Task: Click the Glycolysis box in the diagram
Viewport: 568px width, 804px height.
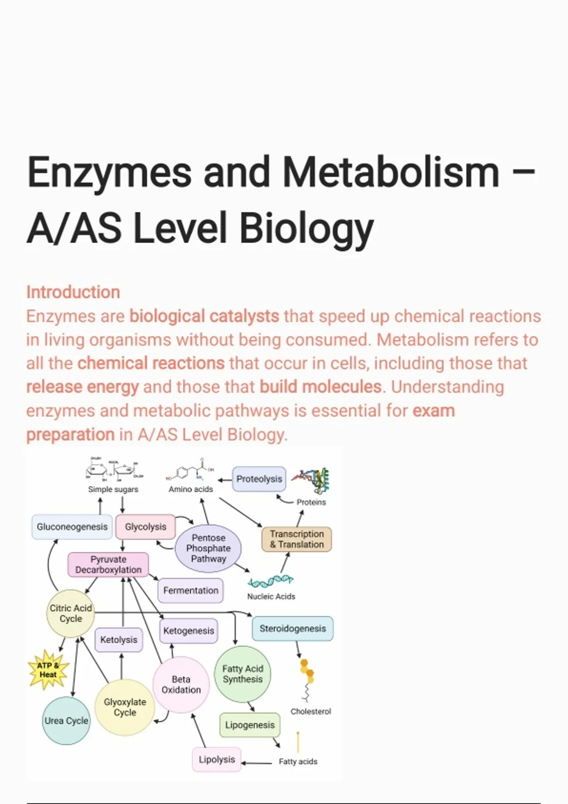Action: (x=145, y=527)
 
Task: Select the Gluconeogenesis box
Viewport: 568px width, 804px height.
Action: (x=72, y=527)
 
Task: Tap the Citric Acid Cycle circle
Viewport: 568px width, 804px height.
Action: (x=71, y=613)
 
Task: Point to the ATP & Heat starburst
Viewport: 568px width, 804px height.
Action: (x=48, y=670)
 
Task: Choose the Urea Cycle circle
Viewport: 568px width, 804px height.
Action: (x=66, y=721)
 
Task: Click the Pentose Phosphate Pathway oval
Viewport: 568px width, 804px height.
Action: (x=208, y=548)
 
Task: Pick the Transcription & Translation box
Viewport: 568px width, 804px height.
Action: (x=297, y=539)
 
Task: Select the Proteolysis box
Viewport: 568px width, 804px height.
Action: (x=259, y=479)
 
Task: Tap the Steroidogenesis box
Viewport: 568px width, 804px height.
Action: (x=293, y=629)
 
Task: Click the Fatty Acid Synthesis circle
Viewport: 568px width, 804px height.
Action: (x=242, y=674)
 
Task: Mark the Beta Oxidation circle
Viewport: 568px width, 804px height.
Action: (x=181, y=684)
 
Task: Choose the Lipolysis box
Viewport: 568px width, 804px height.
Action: (x=217, y=760)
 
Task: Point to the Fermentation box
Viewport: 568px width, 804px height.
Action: (x=191, y=590)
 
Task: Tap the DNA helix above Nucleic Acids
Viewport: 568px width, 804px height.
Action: (x=271, y=580)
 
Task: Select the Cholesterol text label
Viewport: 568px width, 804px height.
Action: (x=311, y=711)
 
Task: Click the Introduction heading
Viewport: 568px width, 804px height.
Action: (x=73, y=292)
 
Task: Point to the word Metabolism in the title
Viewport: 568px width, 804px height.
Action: (x=390, y=173)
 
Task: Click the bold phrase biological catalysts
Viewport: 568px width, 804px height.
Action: (x=204, y=316)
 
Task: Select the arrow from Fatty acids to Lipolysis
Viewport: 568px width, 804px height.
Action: (x=257, y=762)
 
